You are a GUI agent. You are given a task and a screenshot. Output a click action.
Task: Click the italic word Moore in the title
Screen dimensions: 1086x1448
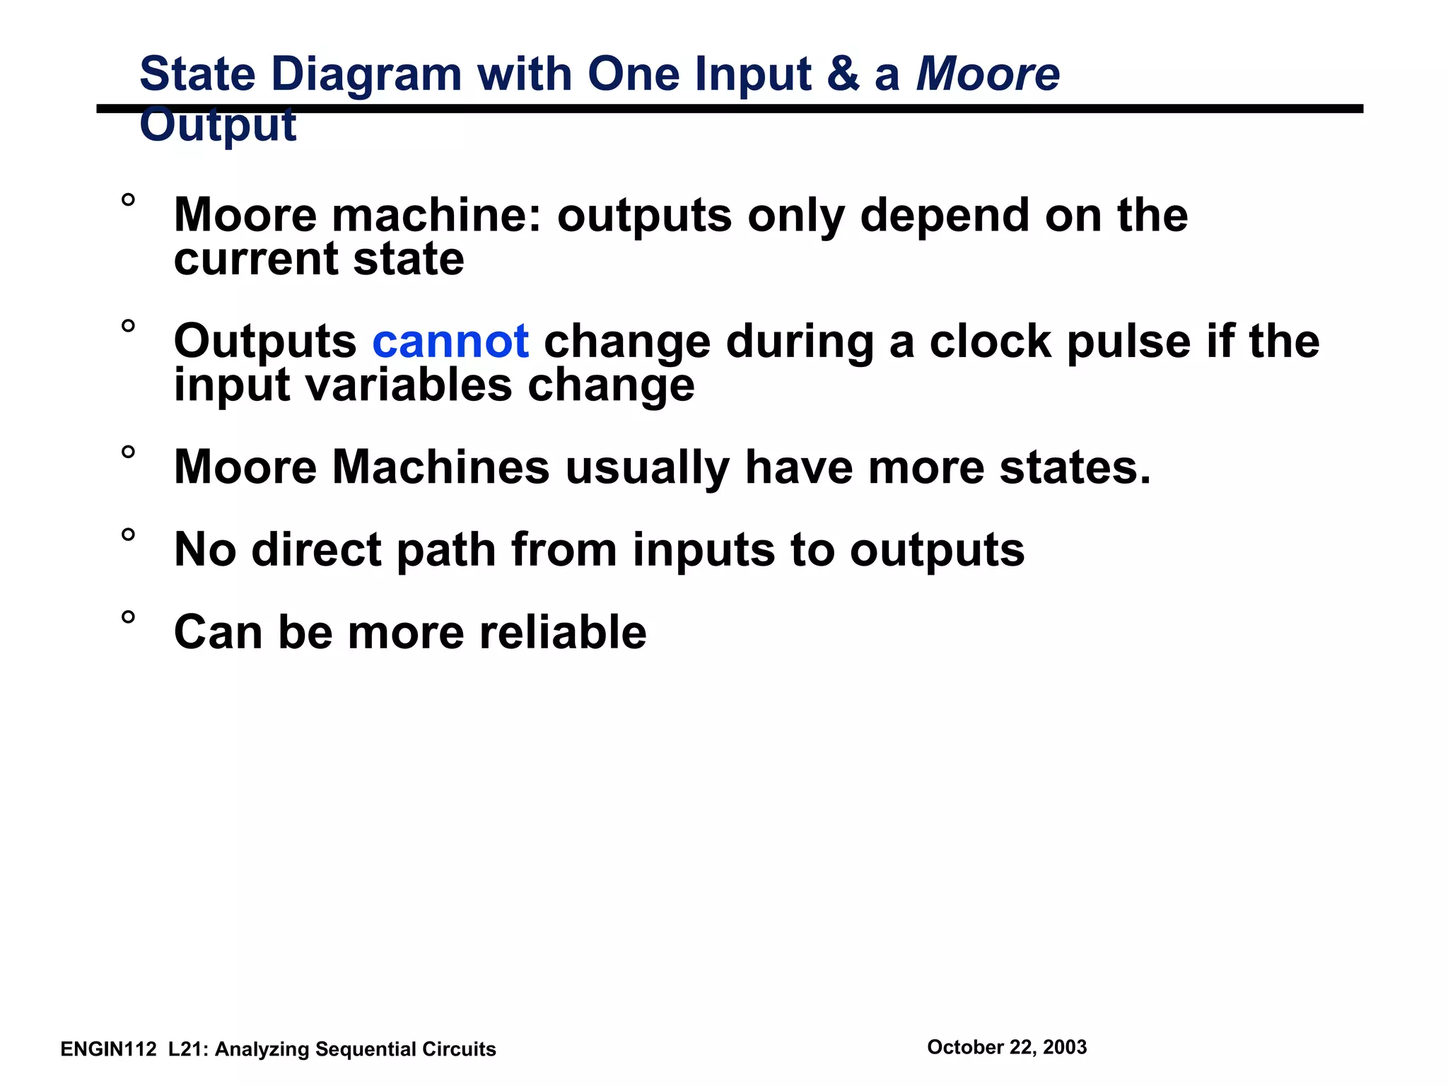[988, 74]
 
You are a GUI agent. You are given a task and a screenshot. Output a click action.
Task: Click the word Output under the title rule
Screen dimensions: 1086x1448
[218, 126]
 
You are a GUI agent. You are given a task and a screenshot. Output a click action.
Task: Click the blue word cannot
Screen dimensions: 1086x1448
[450, 341]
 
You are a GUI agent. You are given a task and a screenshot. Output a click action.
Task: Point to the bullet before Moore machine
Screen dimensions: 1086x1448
[128, 200]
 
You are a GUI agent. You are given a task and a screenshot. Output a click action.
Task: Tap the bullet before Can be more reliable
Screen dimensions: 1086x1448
[128, 617]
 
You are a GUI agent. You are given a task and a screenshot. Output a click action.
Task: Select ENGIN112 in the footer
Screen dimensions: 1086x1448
[108, 1049]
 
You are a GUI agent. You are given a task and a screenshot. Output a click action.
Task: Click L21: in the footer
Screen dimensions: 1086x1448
[188, 1049]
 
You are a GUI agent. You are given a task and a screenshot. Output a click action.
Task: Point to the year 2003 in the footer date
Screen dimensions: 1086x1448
[1064, 1047]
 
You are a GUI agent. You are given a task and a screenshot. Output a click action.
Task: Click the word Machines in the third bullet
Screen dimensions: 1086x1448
[440, 467]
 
